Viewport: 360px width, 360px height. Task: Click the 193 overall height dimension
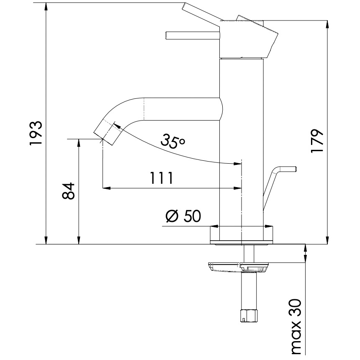coord(36,133)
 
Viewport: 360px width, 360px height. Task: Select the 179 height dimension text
coord(317,141)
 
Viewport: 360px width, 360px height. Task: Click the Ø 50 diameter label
coord(183,216)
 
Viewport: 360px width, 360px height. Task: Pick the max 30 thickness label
coord(296,326)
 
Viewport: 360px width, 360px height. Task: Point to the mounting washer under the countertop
coord(237,267)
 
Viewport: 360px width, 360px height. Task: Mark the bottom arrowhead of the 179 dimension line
coord(327,240)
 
